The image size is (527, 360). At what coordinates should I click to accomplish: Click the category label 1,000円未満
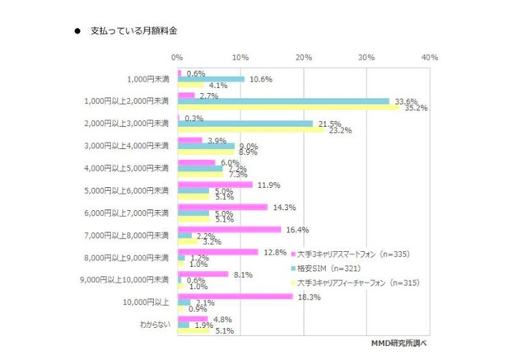tap(149, 79)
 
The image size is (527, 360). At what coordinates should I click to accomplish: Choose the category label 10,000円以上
tap(148, 302)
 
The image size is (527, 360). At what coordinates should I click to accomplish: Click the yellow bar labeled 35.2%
tap(287, 108)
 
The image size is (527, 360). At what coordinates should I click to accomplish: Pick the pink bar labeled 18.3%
tap(234, 295)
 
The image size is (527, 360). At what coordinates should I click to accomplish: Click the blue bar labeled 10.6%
tap(210, 79)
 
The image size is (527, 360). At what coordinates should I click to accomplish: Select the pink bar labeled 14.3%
tap(222, 206)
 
